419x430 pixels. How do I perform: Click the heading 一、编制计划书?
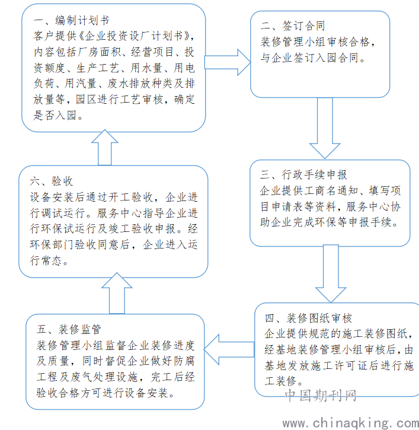(x=71, y=20)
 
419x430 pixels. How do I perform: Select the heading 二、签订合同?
(x=293, y=26)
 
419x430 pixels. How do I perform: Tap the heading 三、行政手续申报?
(x=303, y=174)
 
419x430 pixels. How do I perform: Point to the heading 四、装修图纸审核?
(x=308, y=318)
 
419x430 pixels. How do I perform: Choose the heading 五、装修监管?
(x=69, y=329)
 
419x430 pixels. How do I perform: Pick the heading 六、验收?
(x=51, y=181)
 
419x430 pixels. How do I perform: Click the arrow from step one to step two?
(x=228, y=62)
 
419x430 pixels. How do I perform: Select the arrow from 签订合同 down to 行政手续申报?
(x=325, y=128)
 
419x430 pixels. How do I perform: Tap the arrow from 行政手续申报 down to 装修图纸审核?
(x=331, y=273)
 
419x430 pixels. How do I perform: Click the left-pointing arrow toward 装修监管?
(x=229, y=350)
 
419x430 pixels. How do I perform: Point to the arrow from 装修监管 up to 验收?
(x=117, y=293)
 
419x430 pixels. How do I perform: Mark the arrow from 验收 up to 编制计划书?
(x=105, y=148)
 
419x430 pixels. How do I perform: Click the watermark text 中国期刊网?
(x=321, y=396)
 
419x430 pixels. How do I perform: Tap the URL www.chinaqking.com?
(x=351, y=423)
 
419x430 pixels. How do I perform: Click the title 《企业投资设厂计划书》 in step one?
(x=134, y=36)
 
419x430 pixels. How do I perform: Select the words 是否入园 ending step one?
(x=55, y=116)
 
